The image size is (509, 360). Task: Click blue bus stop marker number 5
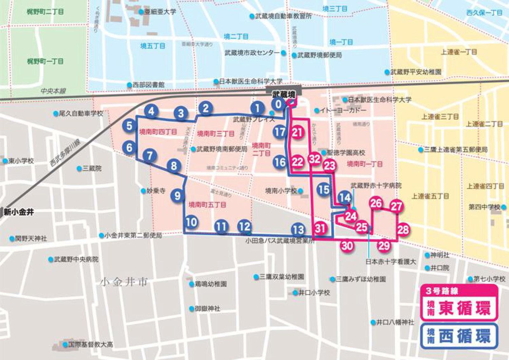coord(129,125)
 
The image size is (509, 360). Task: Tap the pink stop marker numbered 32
coord(315,159)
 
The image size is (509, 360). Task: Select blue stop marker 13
coord(298,229)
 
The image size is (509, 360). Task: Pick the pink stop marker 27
coord(396,206)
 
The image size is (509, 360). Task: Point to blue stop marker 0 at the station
coord(279,104)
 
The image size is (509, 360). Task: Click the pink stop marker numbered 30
coord(347,245)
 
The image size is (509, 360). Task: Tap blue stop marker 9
coord(178,195)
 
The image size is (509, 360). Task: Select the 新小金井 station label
coord(19,212)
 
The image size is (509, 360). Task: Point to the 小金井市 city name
coord(124,282)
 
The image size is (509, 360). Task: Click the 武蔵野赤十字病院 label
coord(376,186)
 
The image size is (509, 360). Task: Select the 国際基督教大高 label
coord(90,344)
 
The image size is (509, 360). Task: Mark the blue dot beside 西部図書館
coord(129,85)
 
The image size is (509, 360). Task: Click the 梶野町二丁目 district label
coord(45,12)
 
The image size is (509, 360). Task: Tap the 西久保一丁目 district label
coord(484,13)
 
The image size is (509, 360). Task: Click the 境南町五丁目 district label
coord(207,205)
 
